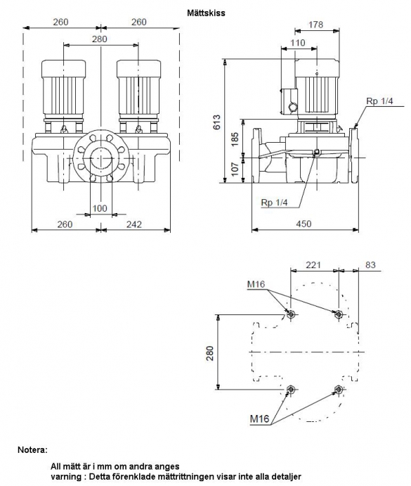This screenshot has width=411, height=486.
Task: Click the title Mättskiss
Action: tap(206, 13)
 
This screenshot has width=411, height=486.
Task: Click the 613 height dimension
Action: tap(217, 122)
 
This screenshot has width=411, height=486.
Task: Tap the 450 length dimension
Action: tap(304, 224)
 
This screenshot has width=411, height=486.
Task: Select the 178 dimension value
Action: tap(316, 25)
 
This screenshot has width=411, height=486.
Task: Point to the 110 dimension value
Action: tap(298, 43)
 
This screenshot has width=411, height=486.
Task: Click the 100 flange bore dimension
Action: tap(100, 208)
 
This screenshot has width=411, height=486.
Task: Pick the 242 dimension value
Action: tap(134, 224)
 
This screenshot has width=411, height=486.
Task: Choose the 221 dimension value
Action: tap(313, 265)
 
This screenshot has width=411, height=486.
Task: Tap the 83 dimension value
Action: tap(370, 264)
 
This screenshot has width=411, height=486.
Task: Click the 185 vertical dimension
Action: tap(235, 139)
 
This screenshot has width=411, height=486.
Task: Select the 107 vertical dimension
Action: tap(235, 169)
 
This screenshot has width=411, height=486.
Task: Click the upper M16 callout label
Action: tap(256, 284)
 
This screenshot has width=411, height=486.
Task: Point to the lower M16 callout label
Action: tap(259, 419)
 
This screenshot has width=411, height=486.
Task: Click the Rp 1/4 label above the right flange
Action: tap(379, 101)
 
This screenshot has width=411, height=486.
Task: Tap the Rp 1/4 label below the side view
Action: tap(275, 203)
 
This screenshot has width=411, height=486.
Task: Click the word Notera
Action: tap(33, 449)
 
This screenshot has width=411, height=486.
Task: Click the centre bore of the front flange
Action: tap(100, 158)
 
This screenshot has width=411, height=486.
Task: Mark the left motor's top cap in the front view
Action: tap(63, 68)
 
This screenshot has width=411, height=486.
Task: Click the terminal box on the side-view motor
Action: tap(289, 101)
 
